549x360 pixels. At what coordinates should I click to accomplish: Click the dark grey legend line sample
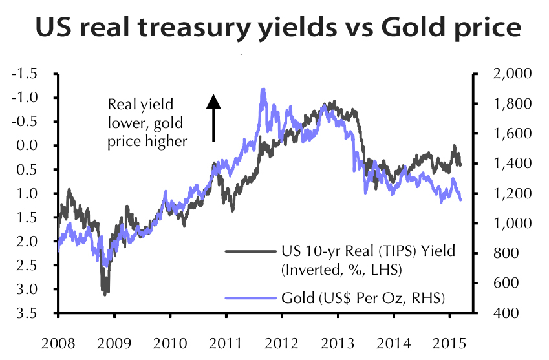pos(251,251)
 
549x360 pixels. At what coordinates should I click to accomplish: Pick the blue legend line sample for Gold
pos(251,298)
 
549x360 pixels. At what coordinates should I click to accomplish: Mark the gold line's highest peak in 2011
pos(263,89)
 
